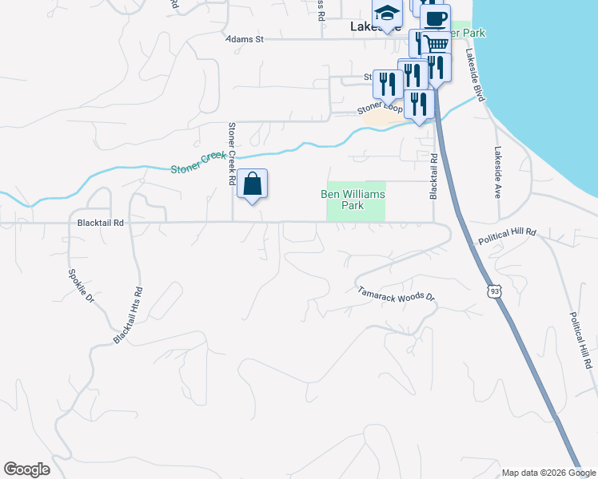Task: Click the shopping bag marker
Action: coord(252,185)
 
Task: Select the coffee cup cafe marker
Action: coord(434,19)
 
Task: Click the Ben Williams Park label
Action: coord(353,200)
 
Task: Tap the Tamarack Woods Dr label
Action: coord(396,294)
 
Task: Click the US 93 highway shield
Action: coord(496,294)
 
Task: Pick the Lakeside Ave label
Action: coord(498,172)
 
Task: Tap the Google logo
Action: coord(26,469)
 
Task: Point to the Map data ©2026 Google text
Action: coord(548,473)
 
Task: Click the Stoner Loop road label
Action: coord(379,107)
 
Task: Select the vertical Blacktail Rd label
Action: coord(433,176)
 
